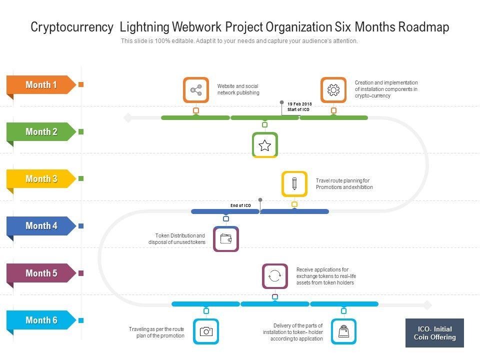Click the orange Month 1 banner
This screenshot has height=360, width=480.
tap(41, 85)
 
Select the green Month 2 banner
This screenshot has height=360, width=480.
tap(41, 132)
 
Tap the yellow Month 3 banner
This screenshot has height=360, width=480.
tap(41, 179)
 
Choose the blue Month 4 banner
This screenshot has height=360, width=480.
tap(41, 226)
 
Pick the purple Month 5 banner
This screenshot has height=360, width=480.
tap(41, 273)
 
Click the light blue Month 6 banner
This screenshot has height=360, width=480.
tap(41, 320)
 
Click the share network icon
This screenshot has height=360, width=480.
tap(196, 90)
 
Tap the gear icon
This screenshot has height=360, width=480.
tap(333, 90)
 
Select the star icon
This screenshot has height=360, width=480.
tap(264, 145)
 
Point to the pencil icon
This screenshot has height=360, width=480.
tap(294, 183)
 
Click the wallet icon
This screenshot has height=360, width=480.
tap(226, 239)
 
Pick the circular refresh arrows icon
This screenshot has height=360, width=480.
tap(275, 276)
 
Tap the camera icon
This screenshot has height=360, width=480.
tap(206, 331)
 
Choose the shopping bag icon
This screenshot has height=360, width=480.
tap(343, 331)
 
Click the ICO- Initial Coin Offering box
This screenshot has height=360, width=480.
tap(434, 333)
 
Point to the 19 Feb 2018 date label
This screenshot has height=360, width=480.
tap(299, 104)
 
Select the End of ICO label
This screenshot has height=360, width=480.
tap(240, 205)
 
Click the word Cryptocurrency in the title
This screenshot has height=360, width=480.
tap(72, 27)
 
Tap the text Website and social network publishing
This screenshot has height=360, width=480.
tap(238, 89)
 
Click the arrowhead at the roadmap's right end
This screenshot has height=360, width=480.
tap(427, 304)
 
